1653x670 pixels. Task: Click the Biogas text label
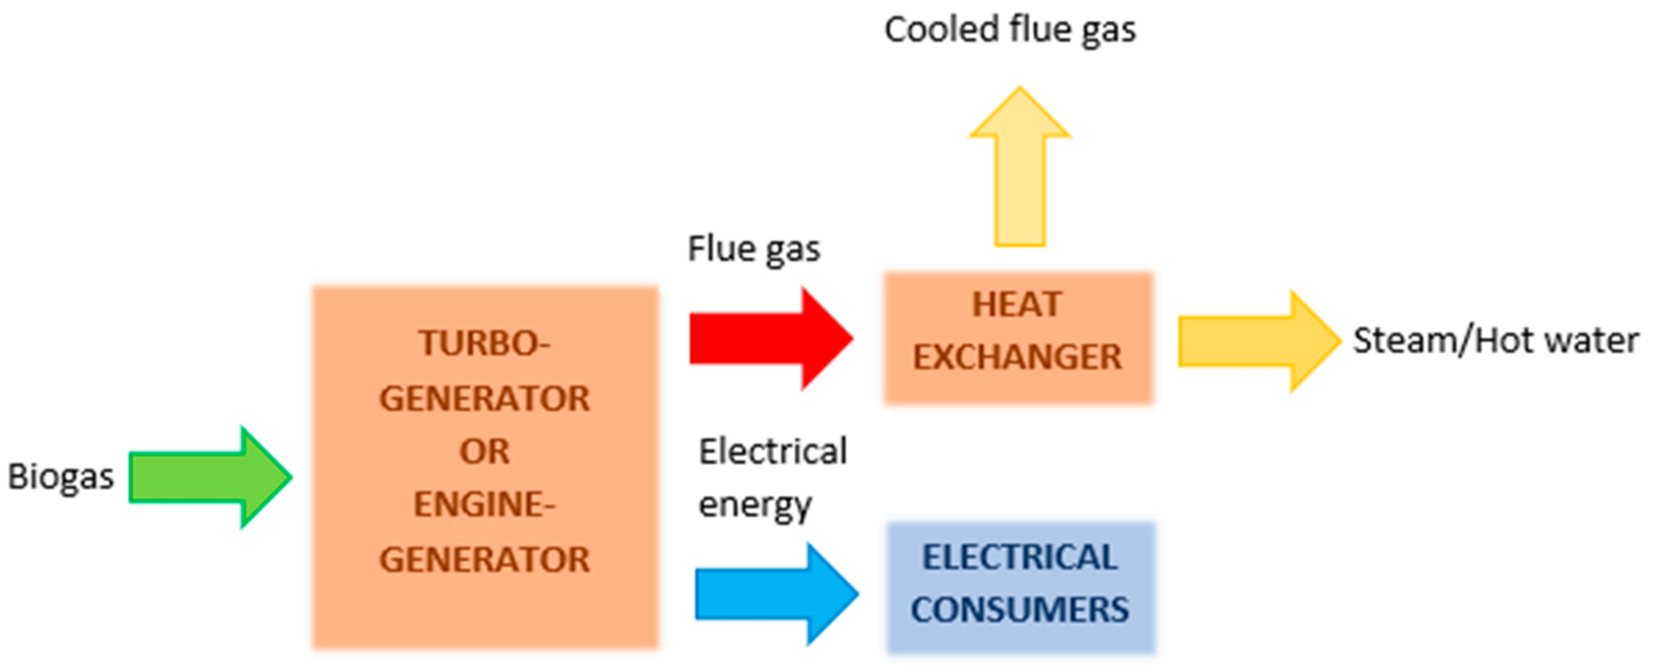60,477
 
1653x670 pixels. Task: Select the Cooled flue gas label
1010,30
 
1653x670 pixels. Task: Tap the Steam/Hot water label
1496,341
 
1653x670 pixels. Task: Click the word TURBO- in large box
484,343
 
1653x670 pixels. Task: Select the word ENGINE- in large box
484,505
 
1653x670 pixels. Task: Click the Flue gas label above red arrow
754,249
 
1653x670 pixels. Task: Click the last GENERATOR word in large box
484,560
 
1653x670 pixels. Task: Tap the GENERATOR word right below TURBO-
484,398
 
